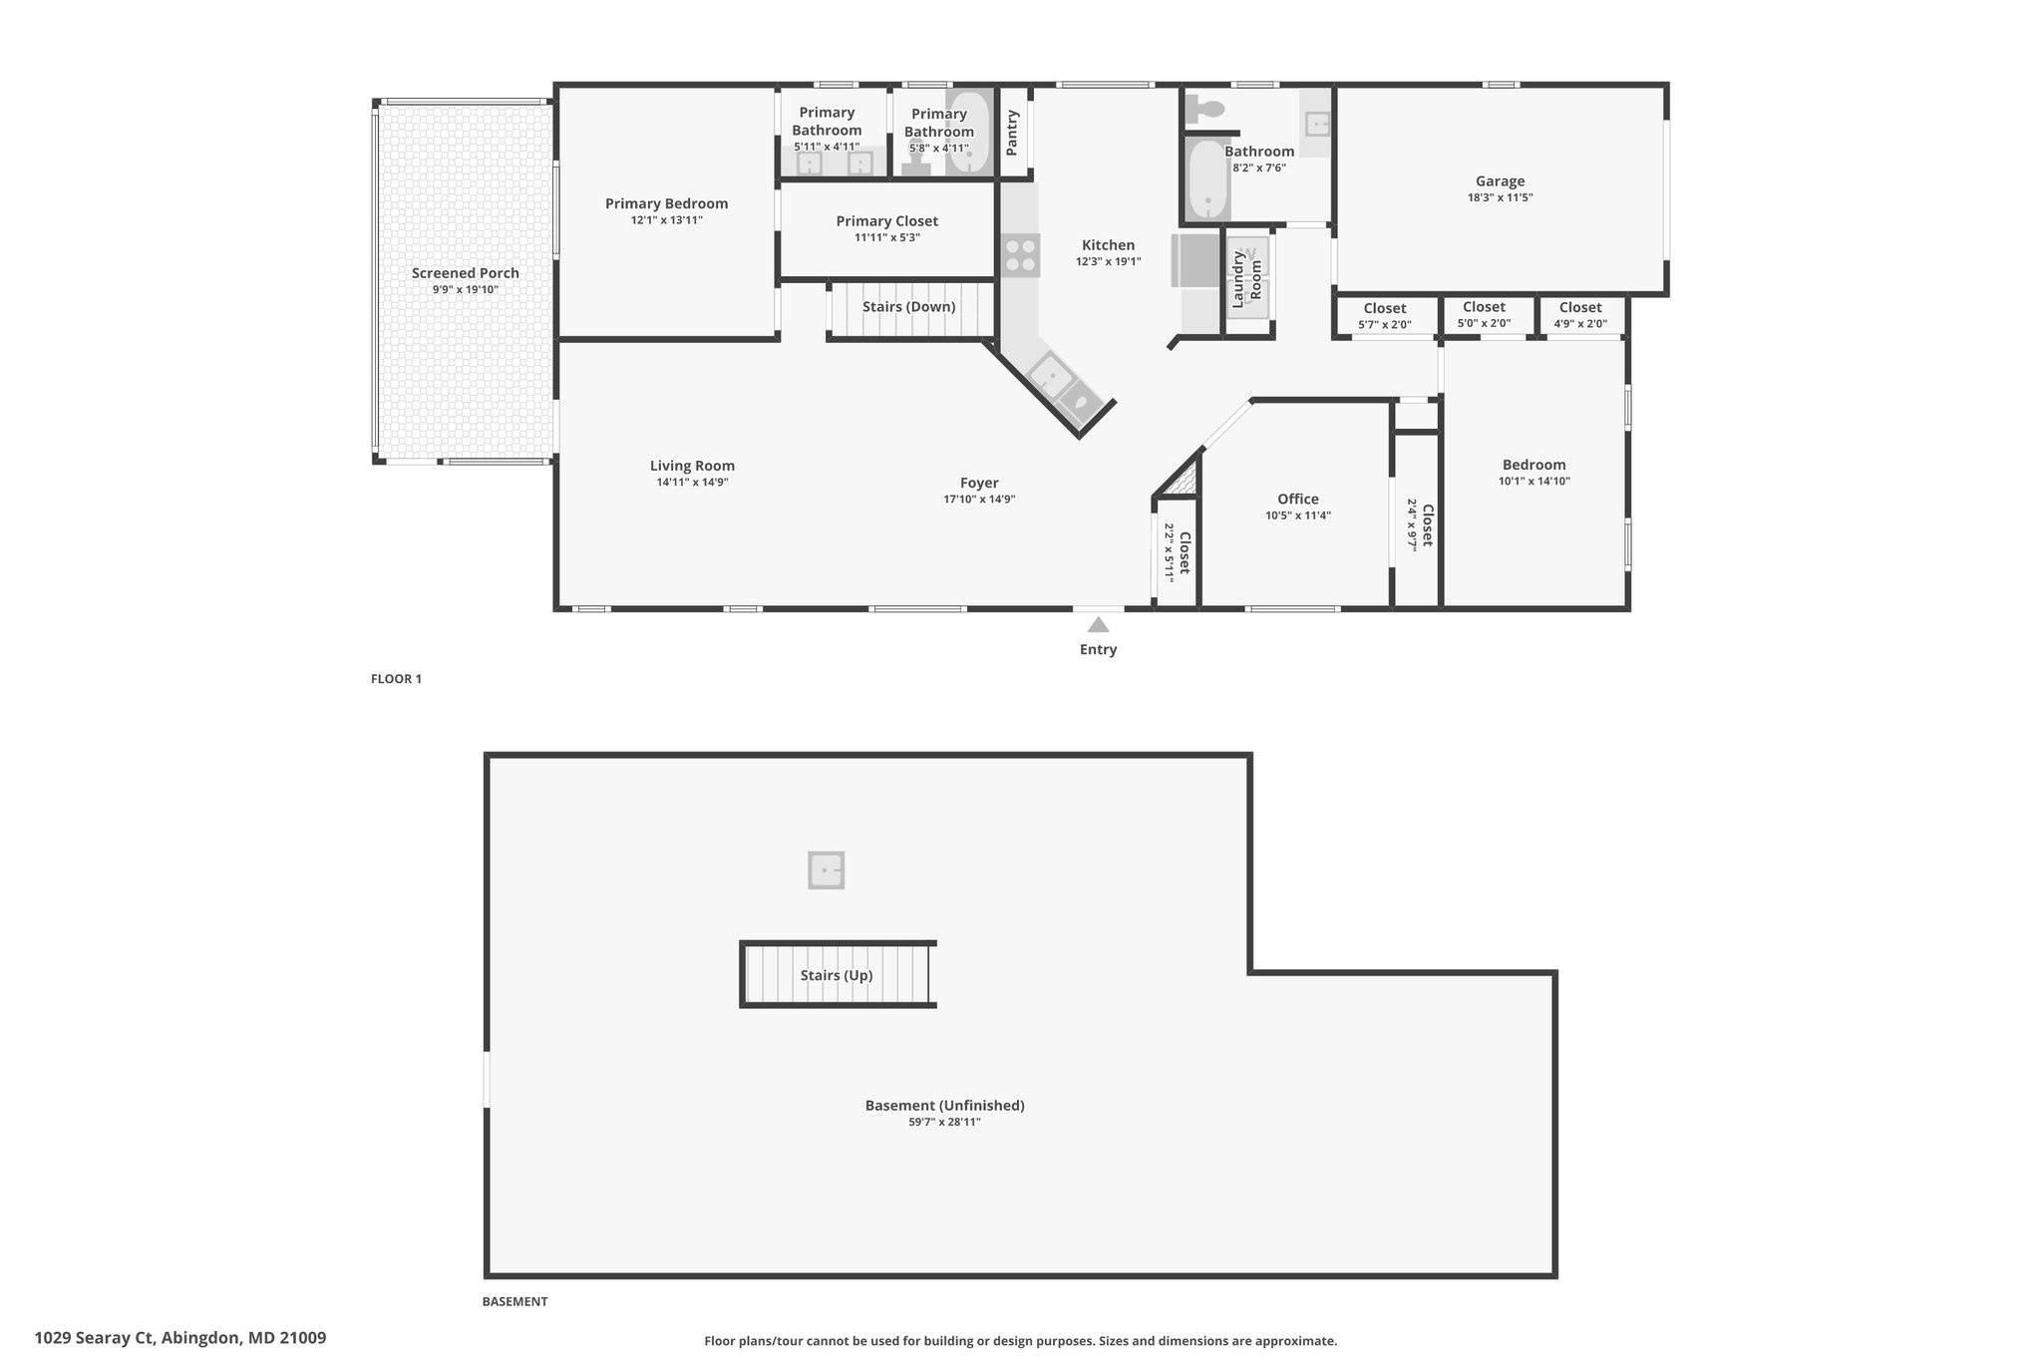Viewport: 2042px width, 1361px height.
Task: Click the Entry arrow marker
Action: pos(1098,625)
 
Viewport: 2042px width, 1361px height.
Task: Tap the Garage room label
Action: pos(1500,181)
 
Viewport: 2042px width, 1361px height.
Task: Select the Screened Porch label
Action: pos(466,273)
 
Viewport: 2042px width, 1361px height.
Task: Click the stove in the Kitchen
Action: pos(1021,255)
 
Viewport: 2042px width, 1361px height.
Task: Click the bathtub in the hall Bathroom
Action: pos(1207,179)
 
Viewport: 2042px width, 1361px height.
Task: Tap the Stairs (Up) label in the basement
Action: pos(837,975)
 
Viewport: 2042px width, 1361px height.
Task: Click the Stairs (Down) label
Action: pos(909,307)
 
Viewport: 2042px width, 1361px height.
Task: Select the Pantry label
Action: pos(1013,133)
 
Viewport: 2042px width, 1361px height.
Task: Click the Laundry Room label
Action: pos(1247,279)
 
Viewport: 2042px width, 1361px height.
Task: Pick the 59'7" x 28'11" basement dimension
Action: pos(944,1122)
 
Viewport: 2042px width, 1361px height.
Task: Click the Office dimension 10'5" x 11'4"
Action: pos(1298,515)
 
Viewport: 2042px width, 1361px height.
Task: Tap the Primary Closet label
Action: pos(886,221)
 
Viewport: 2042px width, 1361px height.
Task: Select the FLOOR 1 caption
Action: pos(396,679)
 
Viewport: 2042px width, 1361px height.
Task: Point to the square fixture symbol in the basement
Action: pos(827,870)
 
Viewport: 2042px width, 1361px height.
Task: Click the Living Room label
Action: pos(692,466)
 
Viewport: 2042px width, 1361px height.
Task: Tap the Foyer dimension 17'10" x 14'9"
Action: pos(979,500)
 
